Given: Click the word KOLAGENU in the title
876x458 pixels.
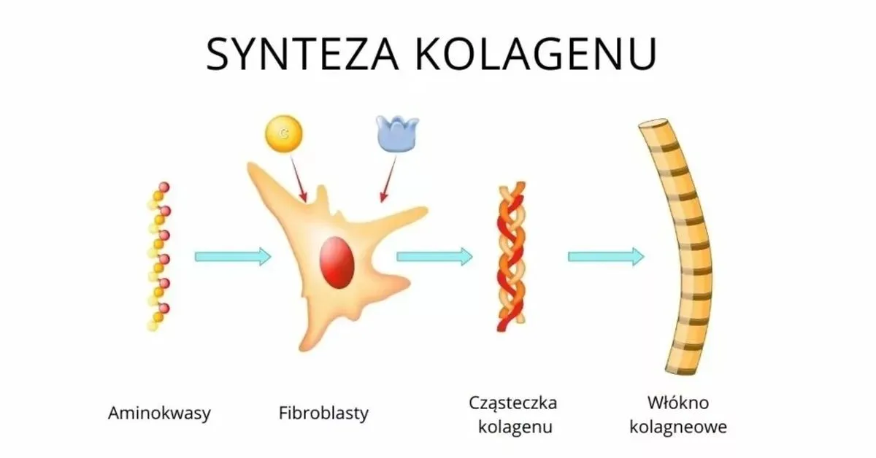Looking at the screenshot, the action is [x=536, y=54].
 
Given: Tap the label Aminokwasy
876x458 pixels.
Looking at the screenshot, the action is [x=159, y=413].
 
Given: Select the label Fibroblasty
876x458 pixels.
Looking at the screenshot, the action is [x=323, y=413].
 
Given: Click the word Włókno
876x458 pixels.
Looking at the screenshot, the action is [x=677, y=403].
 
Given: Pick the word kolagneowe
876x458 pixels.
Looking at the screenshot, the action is [x=678, y=427].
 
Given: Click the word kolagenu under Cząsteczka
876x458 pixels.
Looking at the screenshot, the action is [x=515, y=427].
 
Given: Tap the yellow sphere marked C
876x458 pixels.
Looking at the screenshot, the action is [x=284, y=133].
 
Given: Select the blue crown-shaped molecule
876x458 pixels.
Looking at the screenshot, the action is [x=397, y=133].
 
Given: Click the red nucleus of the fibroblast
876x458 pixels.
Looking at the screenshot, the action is [x=337, y=263].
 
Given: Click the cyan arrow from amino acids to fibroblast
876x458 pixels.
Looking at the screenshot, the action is [x=233, y=257].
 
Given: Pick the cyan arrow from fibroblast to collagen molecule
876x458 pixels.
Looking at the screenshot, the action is [x=435, y=257].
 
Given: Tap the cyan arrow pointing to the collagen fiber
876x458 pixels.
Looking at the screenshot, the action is [x=606, y=257].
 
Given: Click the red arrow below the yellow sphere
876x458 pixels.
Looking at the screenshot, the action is [x=299, y=179].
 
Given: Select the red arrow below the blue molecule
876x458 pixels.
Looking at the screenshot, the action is [x=388, y=179].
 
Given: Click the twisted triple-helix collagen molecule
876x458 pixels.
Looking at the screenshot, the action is [x=511, y=257].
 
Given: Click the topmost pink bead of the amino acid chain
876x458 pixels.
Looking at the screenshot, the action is [x=164, y=187].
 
